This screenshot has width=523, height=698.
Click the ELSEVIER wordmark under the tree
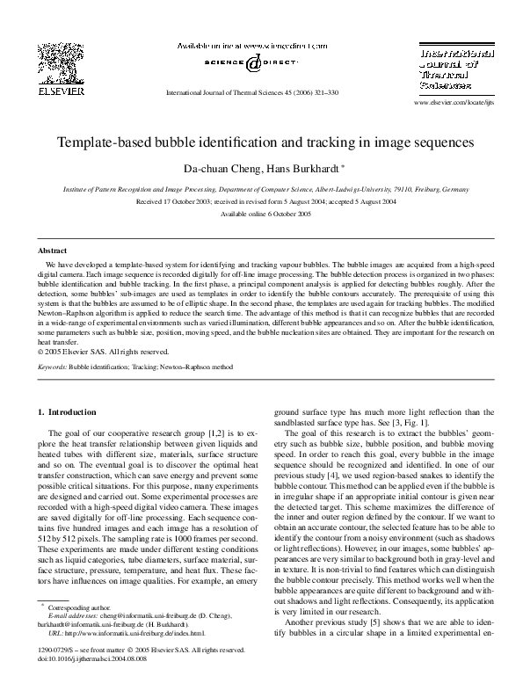coord(61,91)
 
